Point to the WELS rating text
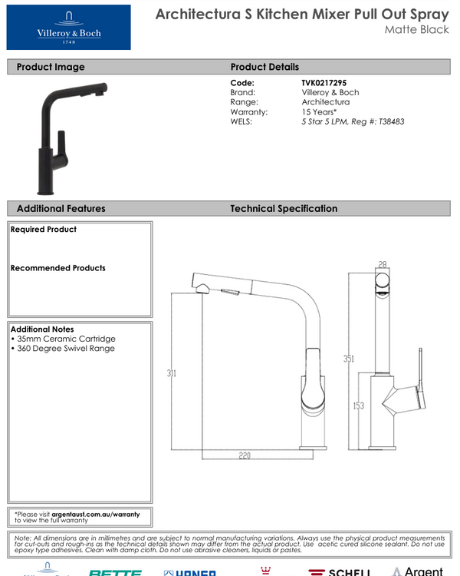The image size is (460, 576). pos(353,121)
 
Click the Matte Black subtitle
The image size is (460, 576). pos(417,30)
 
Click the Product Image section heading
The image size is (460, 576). pos(51,67)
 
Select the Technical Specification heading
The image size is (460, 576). pos(284,208)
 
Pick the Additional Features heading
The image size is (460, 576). pos(61,208)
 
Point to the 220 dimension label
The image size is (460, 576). pos(244,455)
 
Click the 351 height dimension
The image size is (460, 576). pos(349,359)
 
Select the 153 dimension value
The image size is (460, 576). pos(358,406)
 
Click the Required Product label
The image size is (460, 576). pos(44,230)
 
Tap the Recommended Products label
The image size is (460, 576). pos(58,268)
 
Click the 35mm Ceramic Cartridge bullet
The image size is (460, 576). pos(64,339)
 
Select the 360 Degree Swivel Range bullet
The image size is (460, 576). pos(64,348)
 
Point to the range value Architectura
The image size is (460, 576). pos(326,101)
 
